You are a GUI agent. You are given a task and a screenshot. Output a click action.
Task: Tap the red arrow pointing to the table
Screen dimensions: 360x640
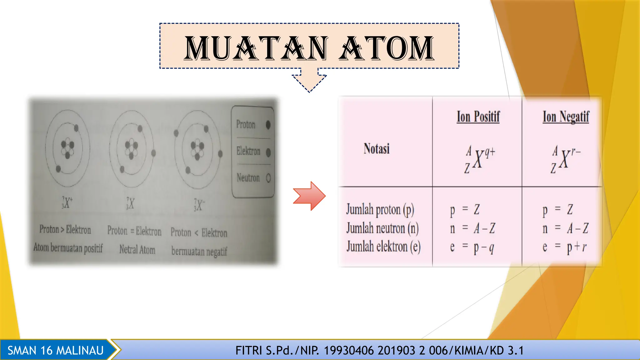pyautogui.click(x=309, y=196)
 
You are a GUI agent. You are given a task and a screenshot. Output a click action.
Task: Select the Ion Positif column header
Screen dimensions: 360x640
pyautogui.click(x=478, y=117)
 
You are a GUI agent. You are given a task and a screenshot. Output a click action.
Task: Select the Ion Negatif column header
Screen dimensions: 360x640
pyautogui.click(x=566, y=117)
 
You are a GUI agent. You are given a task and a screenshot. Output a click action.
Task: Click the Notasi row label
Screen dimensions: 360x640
pyautogui.click(x=377, y=149)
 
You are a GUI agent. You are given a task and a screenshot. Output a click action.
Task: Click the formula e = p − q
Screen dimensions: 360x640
pyautogui.click(x=472, y=247)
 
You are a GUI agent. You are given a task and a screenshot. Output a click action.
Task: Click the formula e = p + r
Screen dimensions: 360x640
pyautogui.click(x=564, y=247)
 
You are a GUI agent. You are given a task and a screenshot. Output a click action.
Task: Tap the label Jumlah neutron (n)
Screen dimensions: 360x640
pyautogui.click(x=382, y=228)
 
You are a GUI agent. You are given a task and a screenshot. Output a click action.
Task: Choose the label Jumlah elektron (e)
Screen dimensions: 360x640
pyautogui.click(x=383, y=247)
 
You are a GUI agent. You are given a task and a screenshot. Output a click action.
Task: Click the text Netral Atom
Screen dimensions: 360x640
pyautogui.click(x=137, y=250)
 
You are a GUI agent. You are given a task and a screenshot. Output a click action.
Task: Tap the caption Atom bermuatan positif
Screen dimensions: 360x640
pyautogui.click(x=68, y=248)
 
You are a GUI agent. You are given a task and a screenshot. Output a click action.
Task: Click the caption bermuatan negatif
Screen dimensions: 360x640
pyautogui.click(x=199, y=251)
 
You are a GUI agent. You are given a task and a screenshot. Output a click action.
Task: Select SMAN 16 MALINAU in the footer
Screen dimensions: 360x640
pyautogui.click(x=55, y=350)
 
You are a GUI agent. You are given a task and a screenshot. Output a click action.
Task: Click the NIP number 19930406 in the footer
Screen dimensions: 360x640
pyautogui.click(x=348, y=350)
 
